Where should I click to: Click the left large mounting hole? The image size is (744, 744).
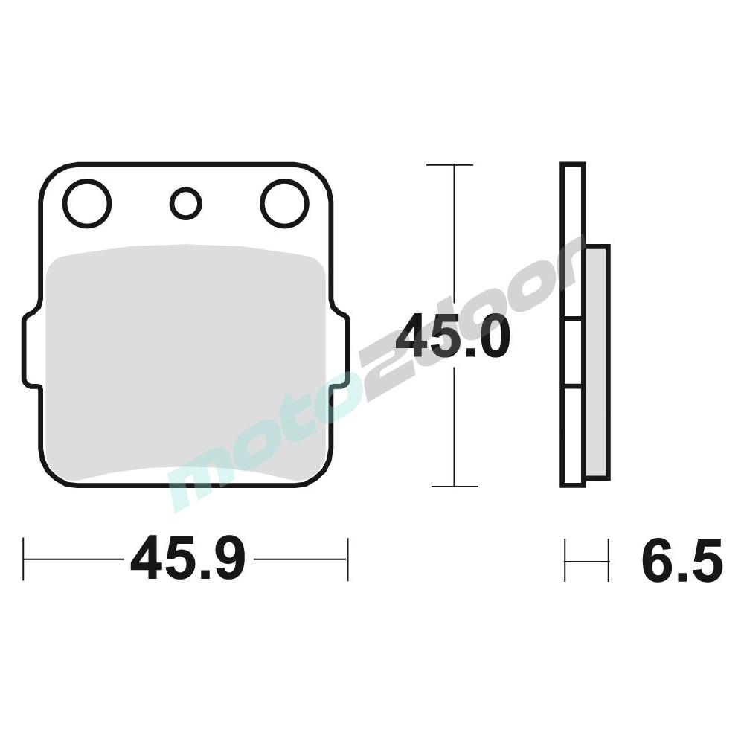click(x=87, y=203)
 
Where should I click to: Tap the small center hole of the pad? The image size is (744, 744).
click(x=185, y=203)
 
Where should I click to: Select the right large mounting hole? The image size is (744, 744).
click(x=284, y=203)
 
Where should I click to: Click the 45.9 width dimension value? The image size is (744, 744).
click(x=187, y=559)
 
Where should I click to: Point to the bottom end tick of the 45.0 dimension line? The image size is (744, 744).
click(x=454, y=487)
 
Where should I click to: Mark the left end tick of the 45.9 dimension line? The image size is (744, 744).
click(x=24, y=559)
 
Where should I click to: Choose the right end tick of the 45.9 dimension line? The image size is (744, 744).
click(x=347, y=559)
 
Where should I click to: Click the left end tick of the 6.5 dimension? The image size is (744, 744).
click(x=565, y=559)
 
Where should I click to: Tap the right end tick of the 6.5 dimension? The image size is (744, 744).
click(x=609, y=559)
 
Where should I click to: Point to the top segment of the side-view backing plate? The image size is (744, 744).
click(x=573, y=242)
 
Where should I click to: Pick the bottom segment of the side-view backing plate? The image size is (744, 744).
click(x=573, y=435)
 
